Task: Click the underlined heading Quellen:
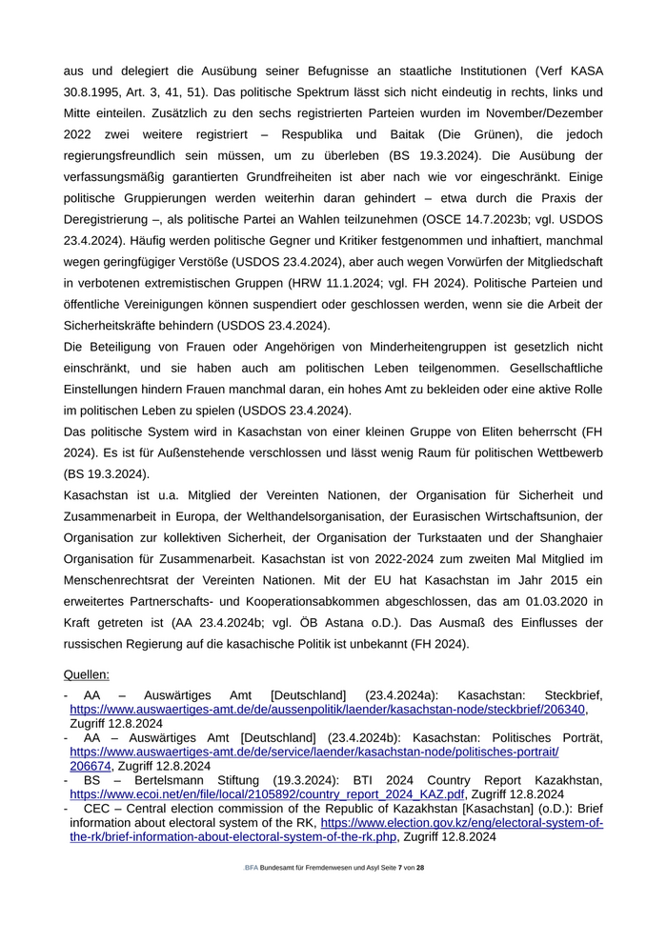tap(87, 674)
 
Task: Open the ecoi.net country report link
tap(267, 793)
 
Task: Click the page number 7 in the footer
tap(400, 868)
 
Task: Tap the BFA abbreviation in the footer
tap(252, 868)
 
